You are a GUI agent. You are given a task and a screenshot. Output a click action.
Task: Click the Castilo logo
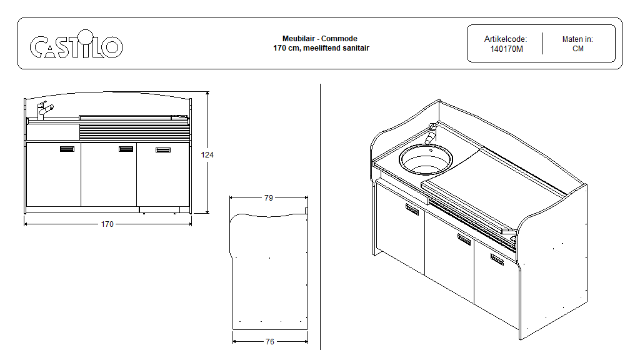(x=76, y=47)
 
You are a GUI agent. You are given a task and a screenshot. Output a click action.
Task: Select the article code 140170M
(x=506, y=49)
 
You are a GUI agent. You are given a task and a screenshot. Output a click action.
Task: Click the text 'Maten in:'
(x=577, y=39)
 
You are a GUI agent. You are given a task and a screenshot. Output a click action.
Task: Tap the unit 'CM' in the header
(x=577, y=49)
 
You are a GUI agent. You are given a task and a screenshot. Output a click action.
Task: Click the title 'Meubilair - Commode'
(x=320, y=39)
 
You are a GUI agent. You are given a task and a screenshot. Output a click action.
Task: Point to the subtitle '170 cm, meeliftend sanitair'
(x=320, y=48)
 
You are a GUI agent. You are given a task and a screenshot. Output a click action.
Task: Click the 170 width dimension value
(x=107, y=224)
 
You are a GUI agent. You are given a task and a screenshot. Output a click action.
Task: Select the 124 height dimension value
(x=207, y=154)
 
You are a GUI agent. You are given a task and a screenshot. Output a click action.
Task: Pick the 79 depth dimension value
(x=268, y=197)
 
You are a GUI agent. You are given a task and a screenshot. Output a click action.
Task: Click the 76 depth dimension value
(x=269, y=342)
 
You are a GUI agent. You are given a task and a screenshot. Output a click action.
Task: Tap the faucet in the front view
(x=43, y=110)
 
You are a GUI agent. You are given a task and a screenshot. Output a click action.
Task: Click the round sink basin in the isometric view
(x=426, y=159)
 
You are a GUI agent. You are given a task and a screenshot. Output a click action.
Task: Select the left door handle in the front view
(x=67, y=149)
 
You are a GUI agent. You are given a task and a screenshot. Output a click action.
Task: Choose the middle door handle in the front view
(x=126, y=149)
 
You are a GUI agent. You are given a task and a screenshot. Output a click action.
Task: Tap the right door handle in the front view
(x=163, y=150)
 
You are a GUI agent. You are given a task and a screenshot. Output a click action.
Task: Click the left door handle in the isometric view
(x=412, y=209)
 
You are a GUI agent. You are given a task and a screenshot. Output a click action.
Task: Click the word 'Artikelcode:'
(x=506, y=39)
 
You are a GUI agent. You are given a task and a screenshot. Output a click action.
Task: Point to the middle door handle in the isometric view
(x=464, y=238)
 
